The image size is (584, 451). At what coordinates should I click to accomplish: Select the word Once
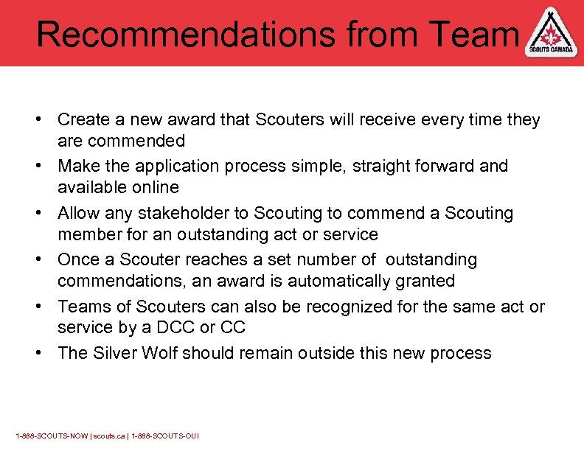pyautogui.click(x=77, y=259)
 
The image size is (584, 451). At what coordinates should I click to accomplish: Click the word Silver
pyautogui.click(x=117, y=353)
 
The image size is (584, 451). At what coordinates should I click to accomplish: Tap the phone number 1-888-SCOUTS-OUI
pyautogui.click(x=165, y=436)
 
